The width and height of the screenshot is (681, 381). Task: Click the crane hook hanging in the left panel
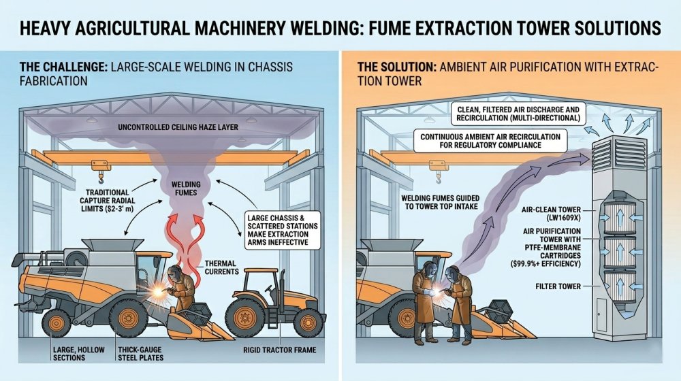coord(101,178)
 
